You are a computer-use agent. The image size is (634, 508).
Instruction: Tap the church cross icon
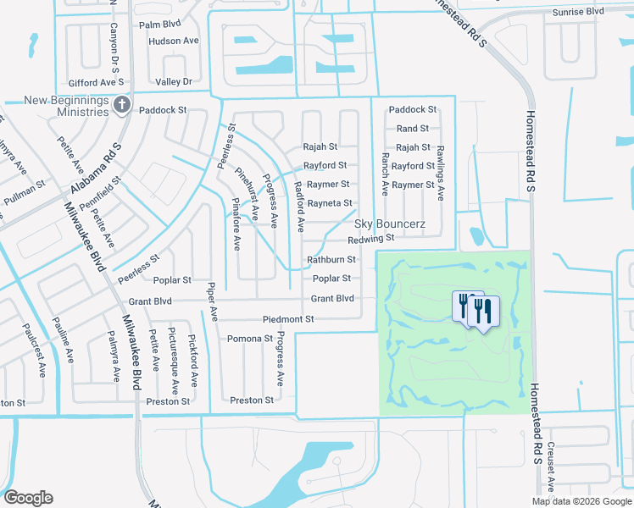(121, 104)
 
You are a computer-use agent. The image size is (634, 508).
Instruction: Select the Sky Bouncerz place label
(389, 224)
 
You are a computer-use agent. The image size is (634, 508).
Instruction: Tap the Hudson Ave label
(173, 41)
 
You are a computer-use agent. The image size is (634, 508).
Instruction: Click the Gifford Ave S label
(97, 81)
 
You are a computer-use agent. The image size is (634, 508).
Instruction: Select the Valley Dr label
(174, 81)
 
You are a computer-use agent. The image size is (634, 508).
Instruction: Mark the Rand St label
(413, 129)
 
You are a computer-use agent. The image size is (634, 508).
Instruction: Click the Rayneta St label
(330, 203)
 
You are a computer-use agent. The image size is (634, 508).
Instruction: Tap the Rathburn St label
(331, 260)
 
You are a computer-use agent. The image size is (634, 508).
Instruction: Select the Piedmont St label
(288, 319)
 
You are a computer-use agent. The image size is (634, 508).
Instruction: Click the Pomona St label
(250, 339)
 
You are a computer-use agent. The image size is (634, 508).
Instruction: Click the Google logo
(28, 498)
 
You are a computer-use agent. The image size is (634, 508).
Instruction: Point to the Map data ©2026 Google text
(581, 501)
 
